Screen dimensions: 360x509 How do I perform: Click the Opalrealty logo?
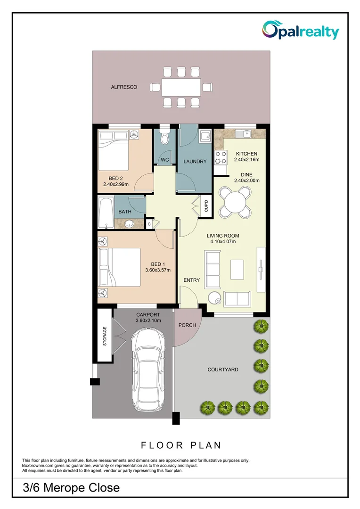(300, 30)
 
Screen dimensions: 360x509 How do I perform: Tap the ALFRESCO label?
(124, 87)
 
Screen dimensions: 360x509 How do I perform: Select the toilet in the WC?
(165, 137)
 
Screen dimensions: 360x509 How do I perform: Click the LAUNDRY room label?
(195, 161)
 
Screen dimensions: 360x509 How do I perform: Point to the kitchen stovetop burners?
(221, 157)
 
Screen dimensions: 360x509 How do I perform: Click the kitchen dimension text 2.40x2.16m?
(247, 159)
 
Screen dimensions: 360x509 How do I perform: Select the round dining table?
(235, 203)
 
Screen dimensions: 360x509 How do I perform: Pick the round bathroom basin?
(130, 224)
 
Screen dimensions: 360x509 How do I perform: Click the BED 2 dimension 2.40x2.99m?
(116, 184)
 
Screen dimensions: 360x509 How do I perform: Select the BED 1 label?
(158, 264)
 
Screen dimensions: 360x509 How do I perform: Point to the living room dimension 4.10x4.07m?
(223, 241)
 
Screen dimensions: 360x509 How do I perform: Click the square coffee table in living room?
(237, 270)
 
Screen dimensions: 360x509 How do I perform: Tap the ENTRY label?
(191, 280)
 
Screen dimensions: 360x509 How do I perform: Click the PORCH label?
(187, 325)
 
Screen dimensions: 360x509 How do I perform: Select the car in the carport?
(148, 370)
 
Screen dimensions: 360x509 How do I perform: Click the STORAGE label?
(105, 336)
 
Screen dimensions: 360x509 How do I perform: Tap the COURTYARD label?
(223, 369)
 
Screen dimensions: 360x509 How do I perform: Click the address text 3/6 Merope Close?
(72, 488)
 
